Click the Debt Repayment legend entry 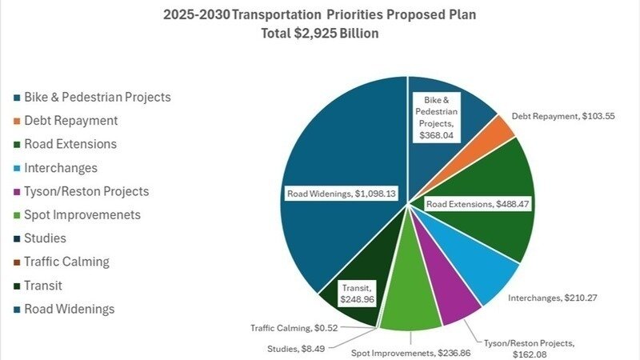point(70,121)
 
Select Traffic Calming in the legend point(66,262)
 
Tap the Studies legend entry point(45,238)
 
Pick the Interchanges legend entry point(61,168)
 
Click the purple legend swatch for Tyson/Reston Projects point(17,192)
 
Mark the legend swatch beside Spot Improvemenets point(17,215)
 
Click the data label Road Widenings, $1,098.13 point(342,193)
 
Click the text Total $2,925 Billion point(320,34)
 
